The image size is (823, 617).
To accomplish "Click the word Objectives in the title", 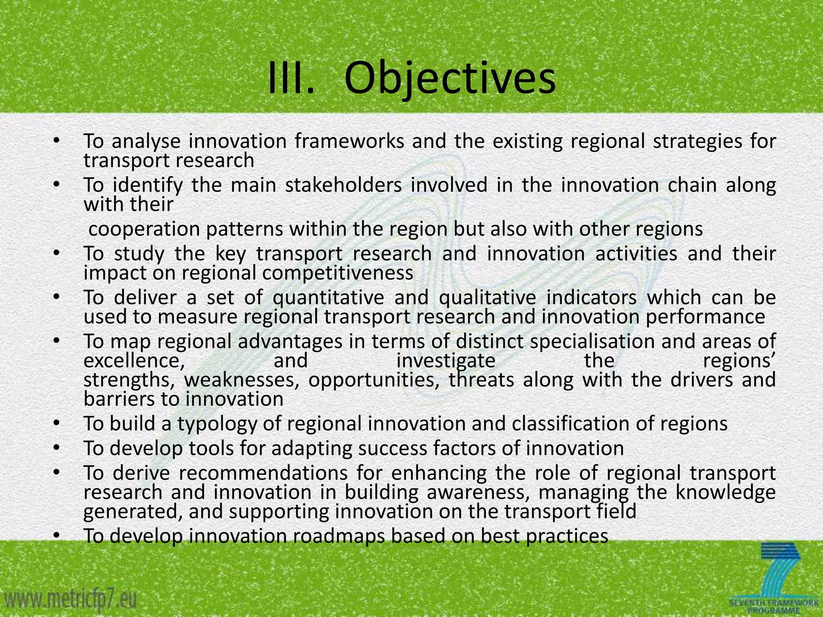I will pyautogui.click(x=450, y=79).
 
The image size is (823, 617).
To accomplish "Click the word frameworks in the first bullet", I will pyautogui.click(x=349, y=141).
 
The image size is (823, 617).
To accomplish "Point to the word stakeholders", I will pyautogui.click(x=343, y=186).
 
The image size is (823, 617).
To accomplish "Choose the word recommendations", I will pyautogui.click(x=263, y=473).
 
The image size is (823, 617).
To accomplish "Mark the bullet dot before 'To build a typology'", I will pyautogui.click(x=56, y=424).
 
